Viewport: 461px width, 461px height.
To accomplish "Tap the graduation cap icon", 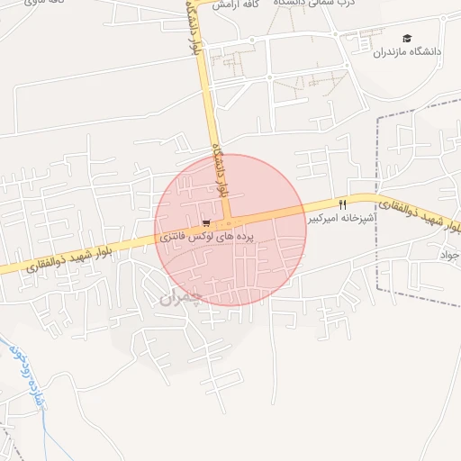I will tap(408, 38).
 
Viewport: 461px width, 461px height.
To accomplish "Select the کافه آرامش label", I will tap(244, 5).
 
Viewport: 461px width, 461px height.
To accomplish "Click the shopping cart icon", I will tap(207, 223).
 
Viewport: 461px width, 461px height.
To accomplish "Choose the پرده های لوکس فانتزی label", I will tap(208, 237).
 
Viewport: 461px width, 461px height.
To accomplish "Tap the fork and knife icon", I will tap(342, 205).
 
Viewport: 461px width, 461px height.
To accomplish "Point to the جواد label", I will tap(449, 256).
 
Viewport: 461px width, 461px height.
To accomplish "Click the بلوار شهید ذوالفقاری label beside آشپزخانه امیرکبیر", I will tap(420, 216).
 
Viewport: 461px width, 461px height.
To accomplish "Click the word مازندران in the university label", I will tap(395, 52).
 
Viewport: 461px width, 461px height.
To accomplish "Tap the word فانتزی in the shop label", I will tap(174, 239).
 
